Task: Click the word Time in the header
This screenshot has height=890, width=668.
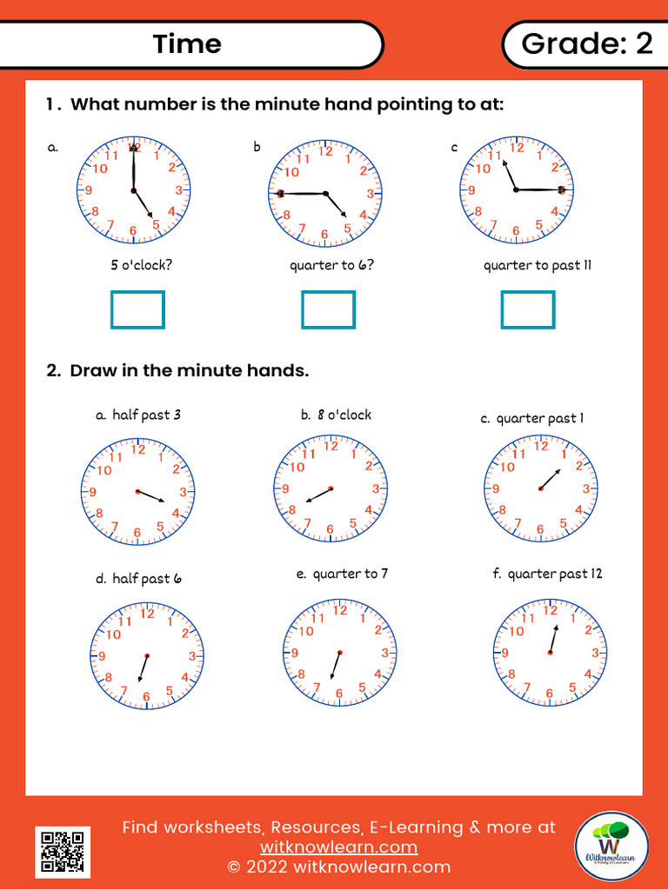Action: pyautogui.click(x=187, y=43)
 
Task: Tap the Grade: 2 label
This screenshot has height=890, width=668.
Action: pyautogui.click(x=586, y=43)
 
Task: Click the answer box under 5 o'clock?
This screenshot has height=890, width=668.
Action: pyautogui.click(x=137, y=310)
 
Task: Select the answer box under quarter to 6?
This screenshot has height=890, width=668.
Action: pyautogui.click(x=328, y=310)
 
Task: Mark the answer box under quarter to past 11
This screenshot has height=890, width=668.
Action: pyautogui.click(x=528, y=310)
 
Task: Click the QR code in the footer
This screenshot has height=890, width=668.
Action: pyautogui.click(x=63, y=851)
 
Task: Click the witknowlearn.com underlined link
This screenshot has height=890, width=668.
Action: pyautogui.click(x=338, y=847)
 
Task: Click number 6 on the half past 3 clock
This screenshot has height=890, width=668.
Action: pyautogui.click(x=137, y=532)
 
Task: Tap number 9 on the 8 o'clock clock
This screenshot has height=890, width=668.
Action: pyautogui.click(x=284, y=489)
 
